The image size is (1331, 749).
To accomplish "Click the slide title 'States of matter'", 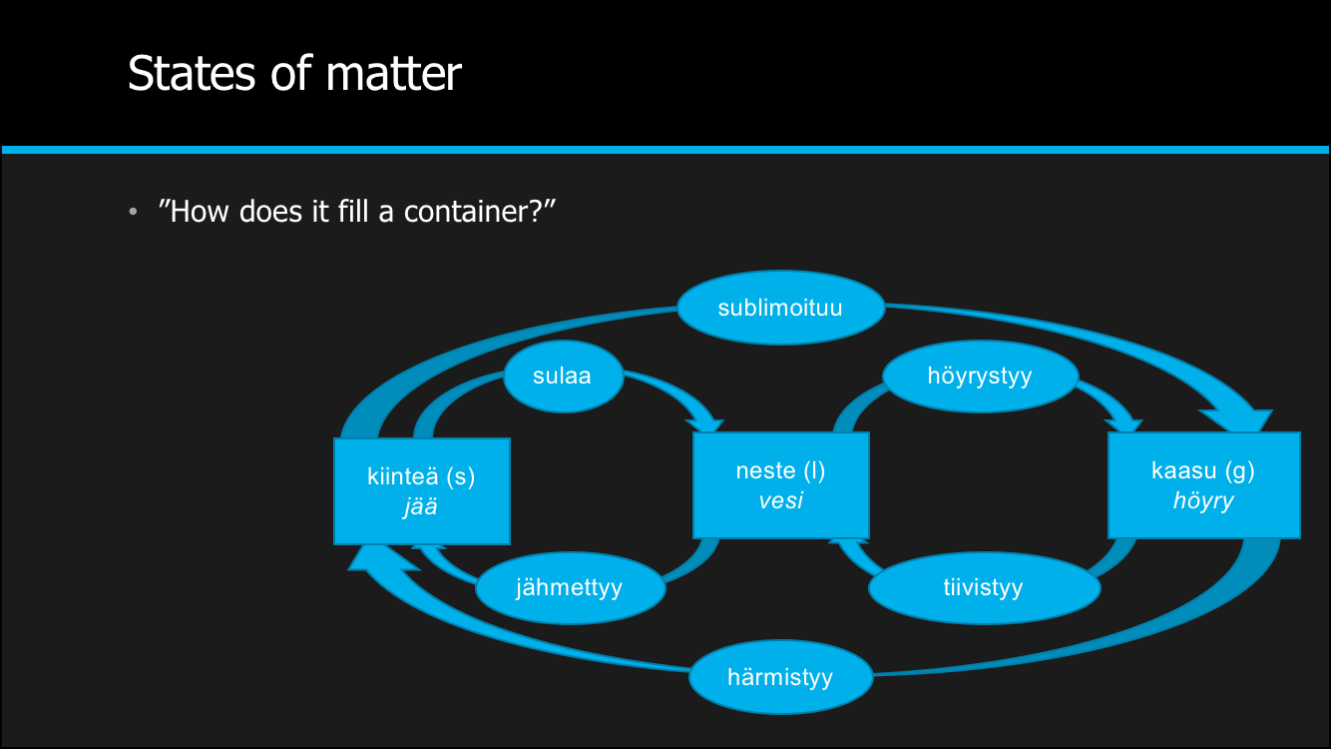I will pos(294,74).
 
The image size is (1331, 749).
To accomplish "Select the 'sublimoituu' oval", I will pos(780,308).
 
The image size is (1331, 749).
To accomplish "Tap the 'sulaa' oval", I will pos(563,375).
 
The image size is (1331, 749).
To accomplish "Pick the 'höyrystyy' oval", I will pos(980,376).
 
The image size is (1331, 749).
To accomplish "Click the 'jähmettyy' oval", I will pos(569,587).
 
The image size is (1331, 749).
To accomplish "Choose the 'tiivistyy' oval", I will pos(984,587).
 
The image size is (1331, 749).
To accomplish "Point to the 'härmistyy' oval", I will pos(780,678).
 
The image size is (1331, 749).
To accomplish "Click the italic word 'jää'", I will pos(420,506).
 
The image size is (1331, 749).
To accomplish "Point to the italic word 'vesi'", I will pos(780,500).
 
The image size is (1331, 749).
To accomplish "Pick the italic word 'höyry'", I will pos(1203,500).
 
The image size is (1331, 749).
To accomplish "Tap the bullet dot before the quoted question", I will pos(133,213).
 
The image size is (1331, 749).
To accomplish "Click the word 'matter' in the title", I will pos(399,74).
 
